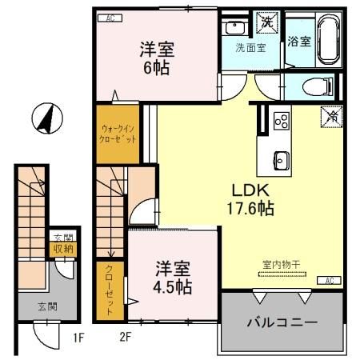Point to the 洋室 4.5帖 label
point(173,276)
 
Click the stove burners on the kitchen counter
point(281,121)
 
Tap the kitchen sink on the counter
point(281,157)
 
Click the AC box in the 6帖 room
point(110,18)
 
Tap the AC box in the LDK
point(329,280)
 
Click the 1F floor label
point(77,337)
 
